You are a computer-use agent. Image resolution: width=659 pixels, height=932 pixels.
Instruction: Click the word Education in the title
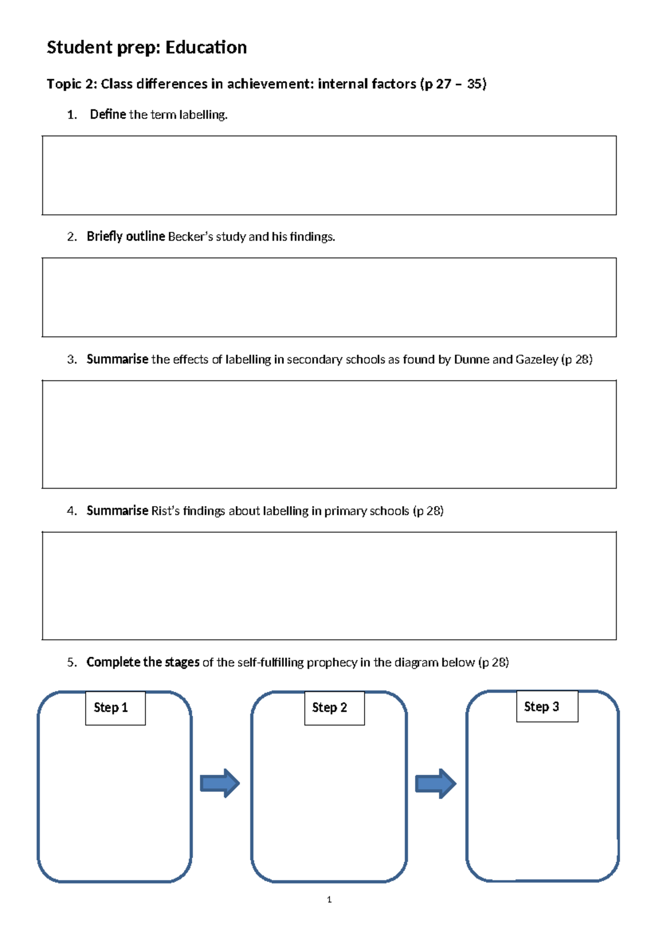click(206, 48)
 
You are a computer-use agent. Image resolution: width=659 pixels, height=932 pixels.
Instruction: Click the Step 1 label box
click(115, 708)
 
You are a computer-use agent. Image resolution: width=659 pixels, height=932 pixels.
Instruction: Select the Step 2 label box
click(334, 708)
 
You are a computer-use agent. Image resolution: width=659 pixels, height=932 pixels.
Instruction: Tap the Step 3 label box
click(547, 706)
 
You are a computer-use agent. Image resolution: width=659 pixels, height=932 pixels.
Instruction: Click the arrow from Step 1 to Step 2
click(220, 783)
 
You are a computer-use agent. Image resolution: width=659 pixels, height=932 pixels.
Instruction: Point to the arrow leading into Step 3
click(435, 783)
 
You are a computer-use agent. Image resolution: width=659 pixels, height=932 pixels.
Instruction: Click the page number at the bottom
click(329, 900)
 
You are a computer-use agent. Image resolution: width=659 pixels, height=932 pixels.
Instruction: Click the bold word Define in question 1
click(108, 114)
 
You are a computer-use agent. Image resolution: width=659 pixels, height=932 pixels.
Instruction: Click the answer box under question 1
click(329, 175)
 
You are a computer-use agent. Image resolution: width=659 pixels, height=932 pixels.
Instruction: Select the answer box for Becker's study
click(329, 297)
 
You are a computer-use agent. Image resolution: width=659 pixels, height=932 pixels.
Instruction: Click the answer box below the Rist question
click(329, 586)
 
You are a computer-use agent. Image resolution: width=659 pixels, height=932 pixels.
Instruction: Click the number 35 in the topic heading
click(475, 84)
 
